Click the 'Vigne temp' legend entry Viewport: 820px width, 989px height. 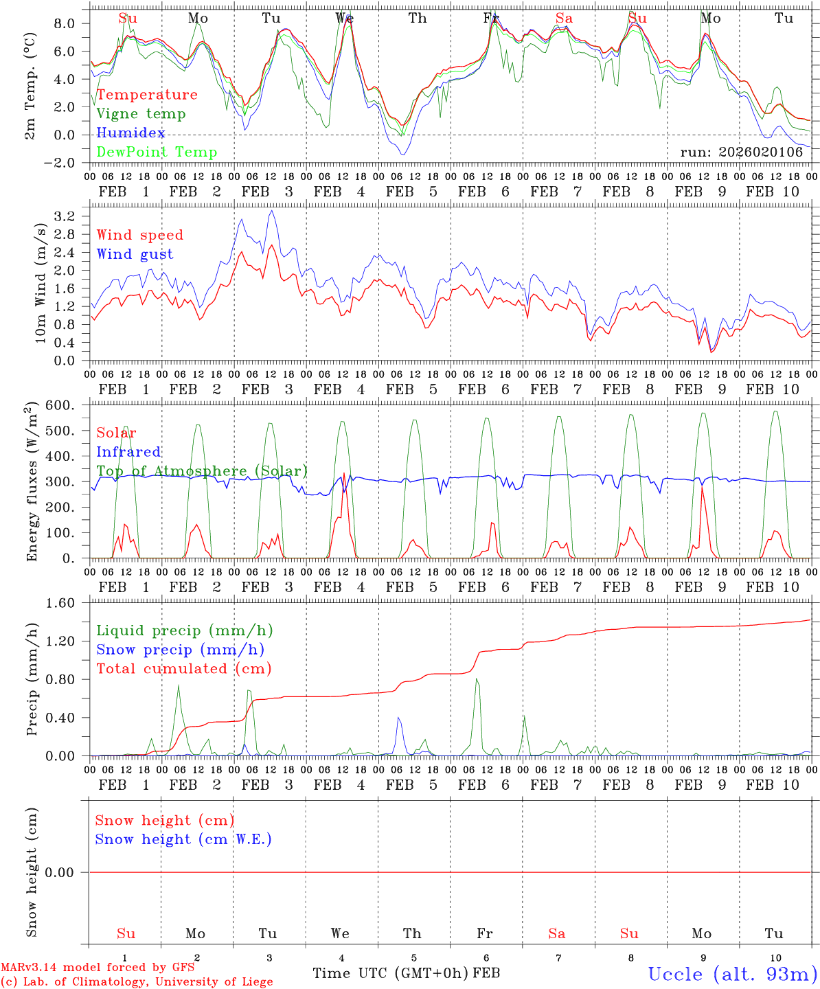[141, 114]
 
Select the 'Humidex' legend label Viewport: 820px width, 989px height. [130, 133]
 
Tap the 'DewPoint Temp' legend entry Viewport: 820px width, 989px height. [157, 152]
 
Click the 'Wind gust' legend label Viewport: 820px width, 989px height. [135, 254]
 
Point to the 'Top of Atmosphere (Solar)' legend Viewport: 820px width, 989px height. [201, 471]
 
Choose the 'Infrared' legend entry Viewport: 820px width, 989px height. [128, 452]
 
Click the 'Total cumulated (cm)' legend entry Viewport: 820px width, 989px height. [183, 669]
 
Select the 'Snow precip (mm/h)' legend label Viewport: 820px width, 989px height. [180, 650]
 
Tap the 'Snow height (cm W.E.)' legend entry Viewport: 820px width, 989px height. [183, 839]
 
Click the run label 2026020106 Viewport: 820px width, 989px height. [741, 152]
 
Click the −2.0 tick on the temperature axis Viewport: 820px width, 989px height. [60, 163]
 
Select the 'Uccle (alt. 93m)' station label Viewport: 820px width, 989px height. [732, 974]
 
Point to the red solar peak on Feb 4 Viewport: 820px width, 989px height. [343, 473]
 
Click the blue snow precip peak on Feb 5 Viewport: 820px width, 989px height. [398, 718]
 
